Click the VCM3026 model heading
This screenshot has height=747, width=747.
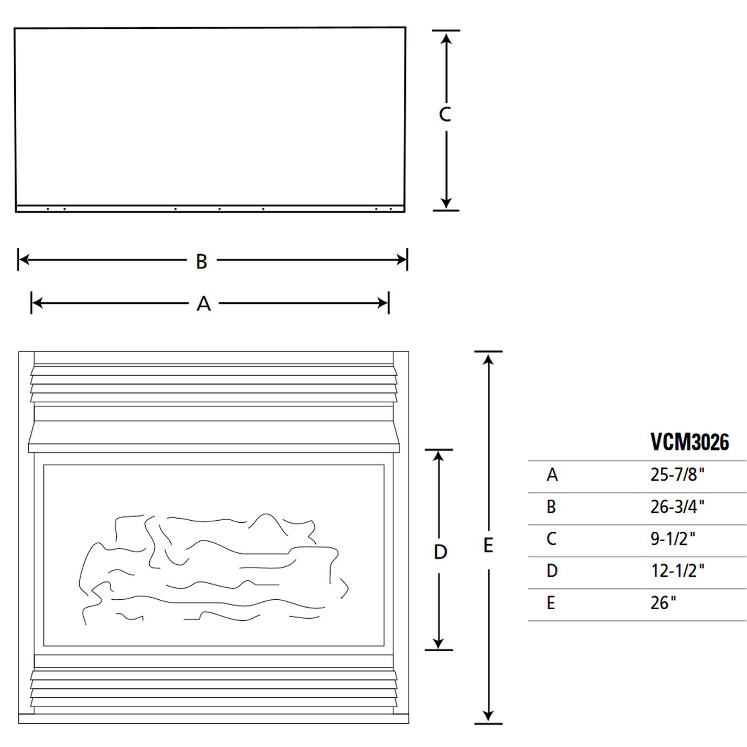689,442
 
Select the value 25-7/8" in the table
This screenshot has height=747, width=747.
677,475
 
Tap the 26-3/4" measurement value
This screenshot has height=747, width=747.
677,507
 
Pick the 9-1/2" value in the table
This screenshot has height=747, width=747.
672,539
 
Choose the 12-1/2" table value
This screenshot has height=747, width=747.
677,570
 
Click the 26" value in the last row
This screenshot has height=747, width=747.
663,603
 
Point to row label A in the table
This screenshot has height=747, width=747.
552,475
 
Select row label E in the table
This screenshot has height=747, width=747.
551,603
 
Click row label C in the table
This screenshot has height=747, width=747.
551,539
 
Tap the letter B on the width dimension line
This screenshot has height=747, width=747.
202,261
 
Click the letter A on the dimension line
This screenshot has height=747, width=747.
204,304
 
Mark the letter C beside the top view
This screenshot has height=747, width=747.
445,114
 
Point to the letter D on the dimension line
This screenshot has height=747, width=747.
440,552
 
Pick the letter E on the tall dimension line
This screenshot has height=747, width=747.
488,546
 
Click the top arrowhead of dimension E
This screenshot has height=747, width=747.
488,359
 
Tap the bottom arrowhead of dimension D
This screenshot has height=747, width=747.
438,644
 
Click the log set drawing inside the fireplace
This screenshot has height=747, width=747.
212,568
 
